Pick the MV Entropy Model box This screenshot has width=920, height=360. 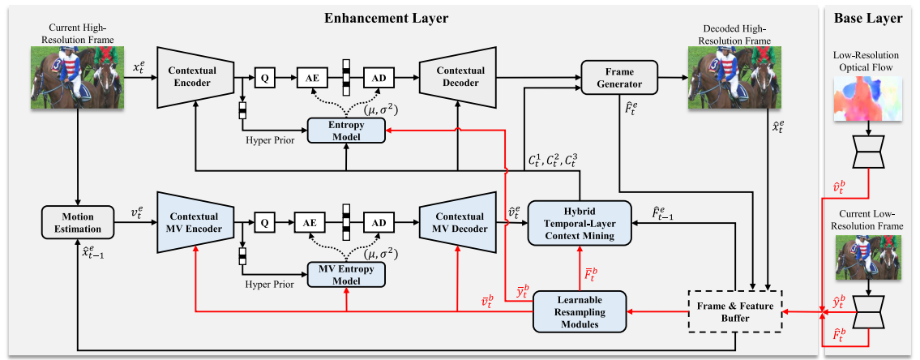pos(346,274)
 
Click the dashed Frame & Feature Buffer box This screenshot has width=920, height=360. pos(734,311)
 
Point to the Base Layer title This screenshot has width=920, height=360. pos(871,17)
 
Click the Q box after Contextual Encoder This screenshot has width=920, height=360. pos(263,78)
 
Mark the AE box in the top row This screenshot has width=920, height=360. pos(309,78)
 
